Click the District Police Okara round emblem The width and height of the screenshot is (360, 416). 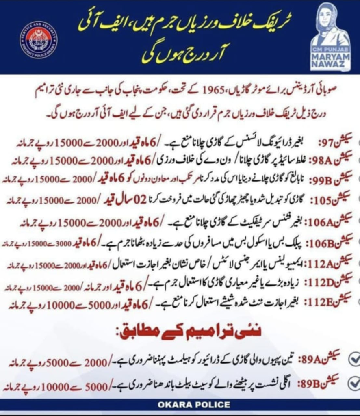[38, 40]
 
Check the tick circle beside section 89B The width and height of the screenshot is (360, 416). [354, 383]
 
